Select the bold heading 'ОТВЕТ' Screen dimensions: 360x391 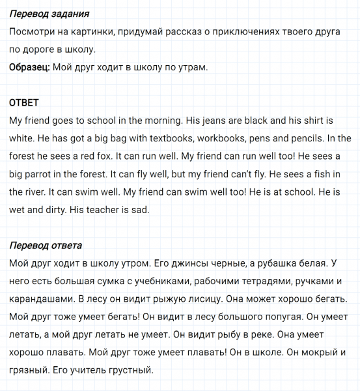click(25, 103)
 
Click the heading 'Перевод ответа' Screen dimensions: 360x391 click(46, 246)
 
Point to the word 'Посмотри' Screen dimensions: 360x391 click(35, 31)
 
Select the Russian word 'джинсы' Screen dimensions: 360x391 click(199, 263)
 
